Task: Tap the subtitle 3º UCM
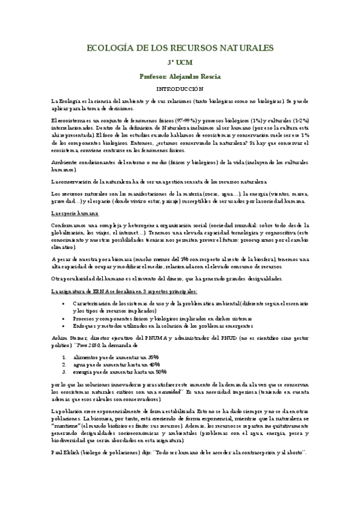click(180, 63)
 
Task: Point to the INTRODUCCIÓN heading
click(180, 88)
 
